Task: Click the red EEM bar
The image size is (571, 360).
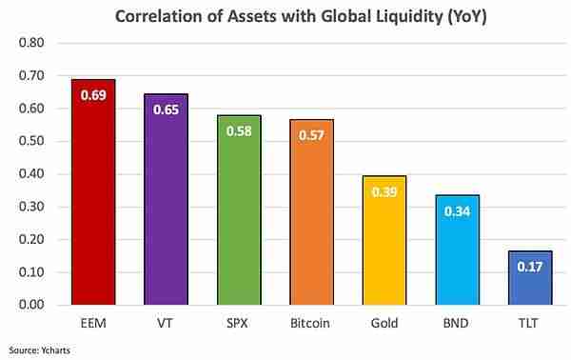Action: tap(93, 191)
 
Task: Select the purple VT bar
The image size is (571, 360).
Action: tap(166, 199)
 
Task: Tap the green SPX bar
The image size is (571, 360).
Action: tap(239, 210)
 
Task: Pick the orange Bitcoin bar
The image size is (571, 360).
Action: tap(312, 212)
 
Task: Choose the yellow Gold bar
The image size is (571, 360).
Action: tap(384, 240)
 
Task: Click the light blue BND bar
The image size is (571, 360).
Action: tap(458, 250)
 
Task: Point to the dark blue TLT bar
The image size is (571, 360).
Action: tap(530, 278)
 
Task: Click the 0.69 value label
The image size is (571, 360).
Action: tap(93, 95)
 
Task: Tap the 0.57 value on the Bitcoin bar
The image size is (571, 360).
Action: tap(311, 135)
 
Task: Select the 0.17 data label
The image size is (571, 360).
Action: tap(530, 267)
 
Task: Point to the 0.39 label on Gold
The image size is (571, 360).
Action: tap(384, 192)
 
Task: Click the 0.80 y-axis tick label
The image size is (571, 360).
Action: tap(31, 43)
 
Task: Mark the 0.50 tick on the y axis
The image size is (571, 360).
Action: tap(31, 141)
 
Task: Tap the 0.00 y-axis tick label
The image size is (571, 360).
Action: tap(31, 305)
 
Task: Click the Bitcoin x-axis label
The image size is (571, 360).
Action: tap(310, 323)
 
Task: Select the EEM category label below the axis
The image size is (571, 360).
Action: tap(93, 323)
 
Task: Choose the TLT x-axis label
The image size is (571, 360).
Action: tap(528, 323)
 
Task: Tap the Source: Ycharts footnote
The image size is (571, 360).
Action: tap(39, 350)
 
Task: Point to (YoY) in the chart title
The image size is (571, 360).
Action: tap(466, 17)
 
